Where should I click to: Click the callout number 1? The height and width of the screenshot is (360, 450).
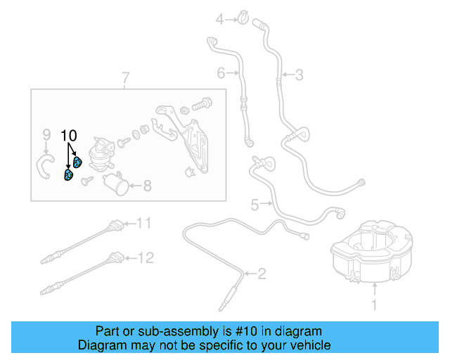tap(374, 305)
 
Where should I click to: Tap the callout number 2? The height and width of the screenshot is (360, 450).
tap(262, 274)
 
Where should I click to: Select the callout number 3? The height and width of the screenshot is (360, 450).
tap(299, 75)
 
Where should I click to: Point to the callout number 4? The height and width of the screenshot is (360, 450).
tap(219, 19)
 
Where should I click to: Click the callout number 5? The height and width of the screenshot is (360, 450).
tap(255, 205)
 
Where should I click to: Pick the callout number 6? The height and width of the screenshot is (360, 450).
tap(220, 72)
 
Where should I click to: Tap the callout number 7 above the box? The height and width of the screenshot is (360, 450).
tap(126, 77)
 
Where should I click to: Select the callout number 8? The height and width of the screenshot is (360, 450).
tap(147, 186)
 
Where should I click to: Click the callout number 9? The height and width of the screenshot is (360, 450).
tap(46, 134)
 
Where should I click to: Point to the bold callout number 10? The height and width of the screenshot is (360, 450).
tap(69, 134)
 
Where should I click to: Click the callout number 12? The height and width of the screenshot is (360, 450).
tap(145, 258)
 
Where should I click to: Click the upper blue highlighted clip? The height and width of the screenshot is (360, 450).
tap(77, 163)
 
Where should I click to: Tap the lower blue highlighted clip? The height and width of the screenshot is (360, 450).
tap(69, 175)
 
